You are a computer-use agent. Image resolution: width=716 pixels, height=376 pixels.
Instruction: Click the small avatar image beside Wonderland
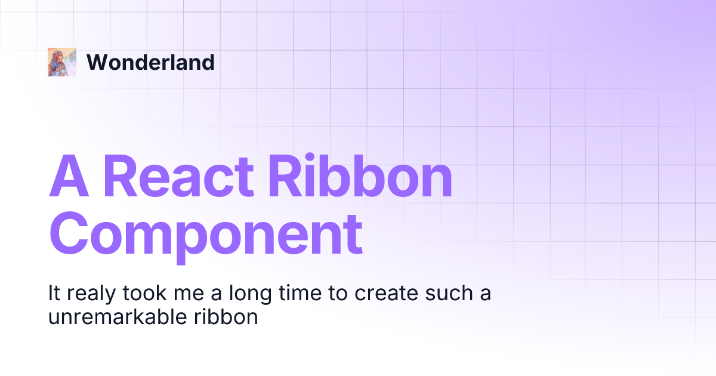62,62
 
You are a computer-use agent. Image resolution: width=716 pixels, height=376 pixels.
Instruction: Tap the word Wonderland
150,62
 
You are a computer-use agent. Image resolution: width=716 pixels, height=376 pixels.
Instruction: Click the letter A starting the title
69,177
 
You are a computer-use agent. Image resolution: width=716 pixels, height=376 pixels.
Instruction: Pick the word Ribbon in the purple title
363,177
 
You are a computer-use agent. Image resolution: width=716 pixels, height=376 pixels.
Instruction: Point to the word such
447,294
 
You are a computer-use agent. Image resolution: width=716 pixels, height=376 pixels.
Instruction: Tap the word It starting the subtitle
54,294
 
